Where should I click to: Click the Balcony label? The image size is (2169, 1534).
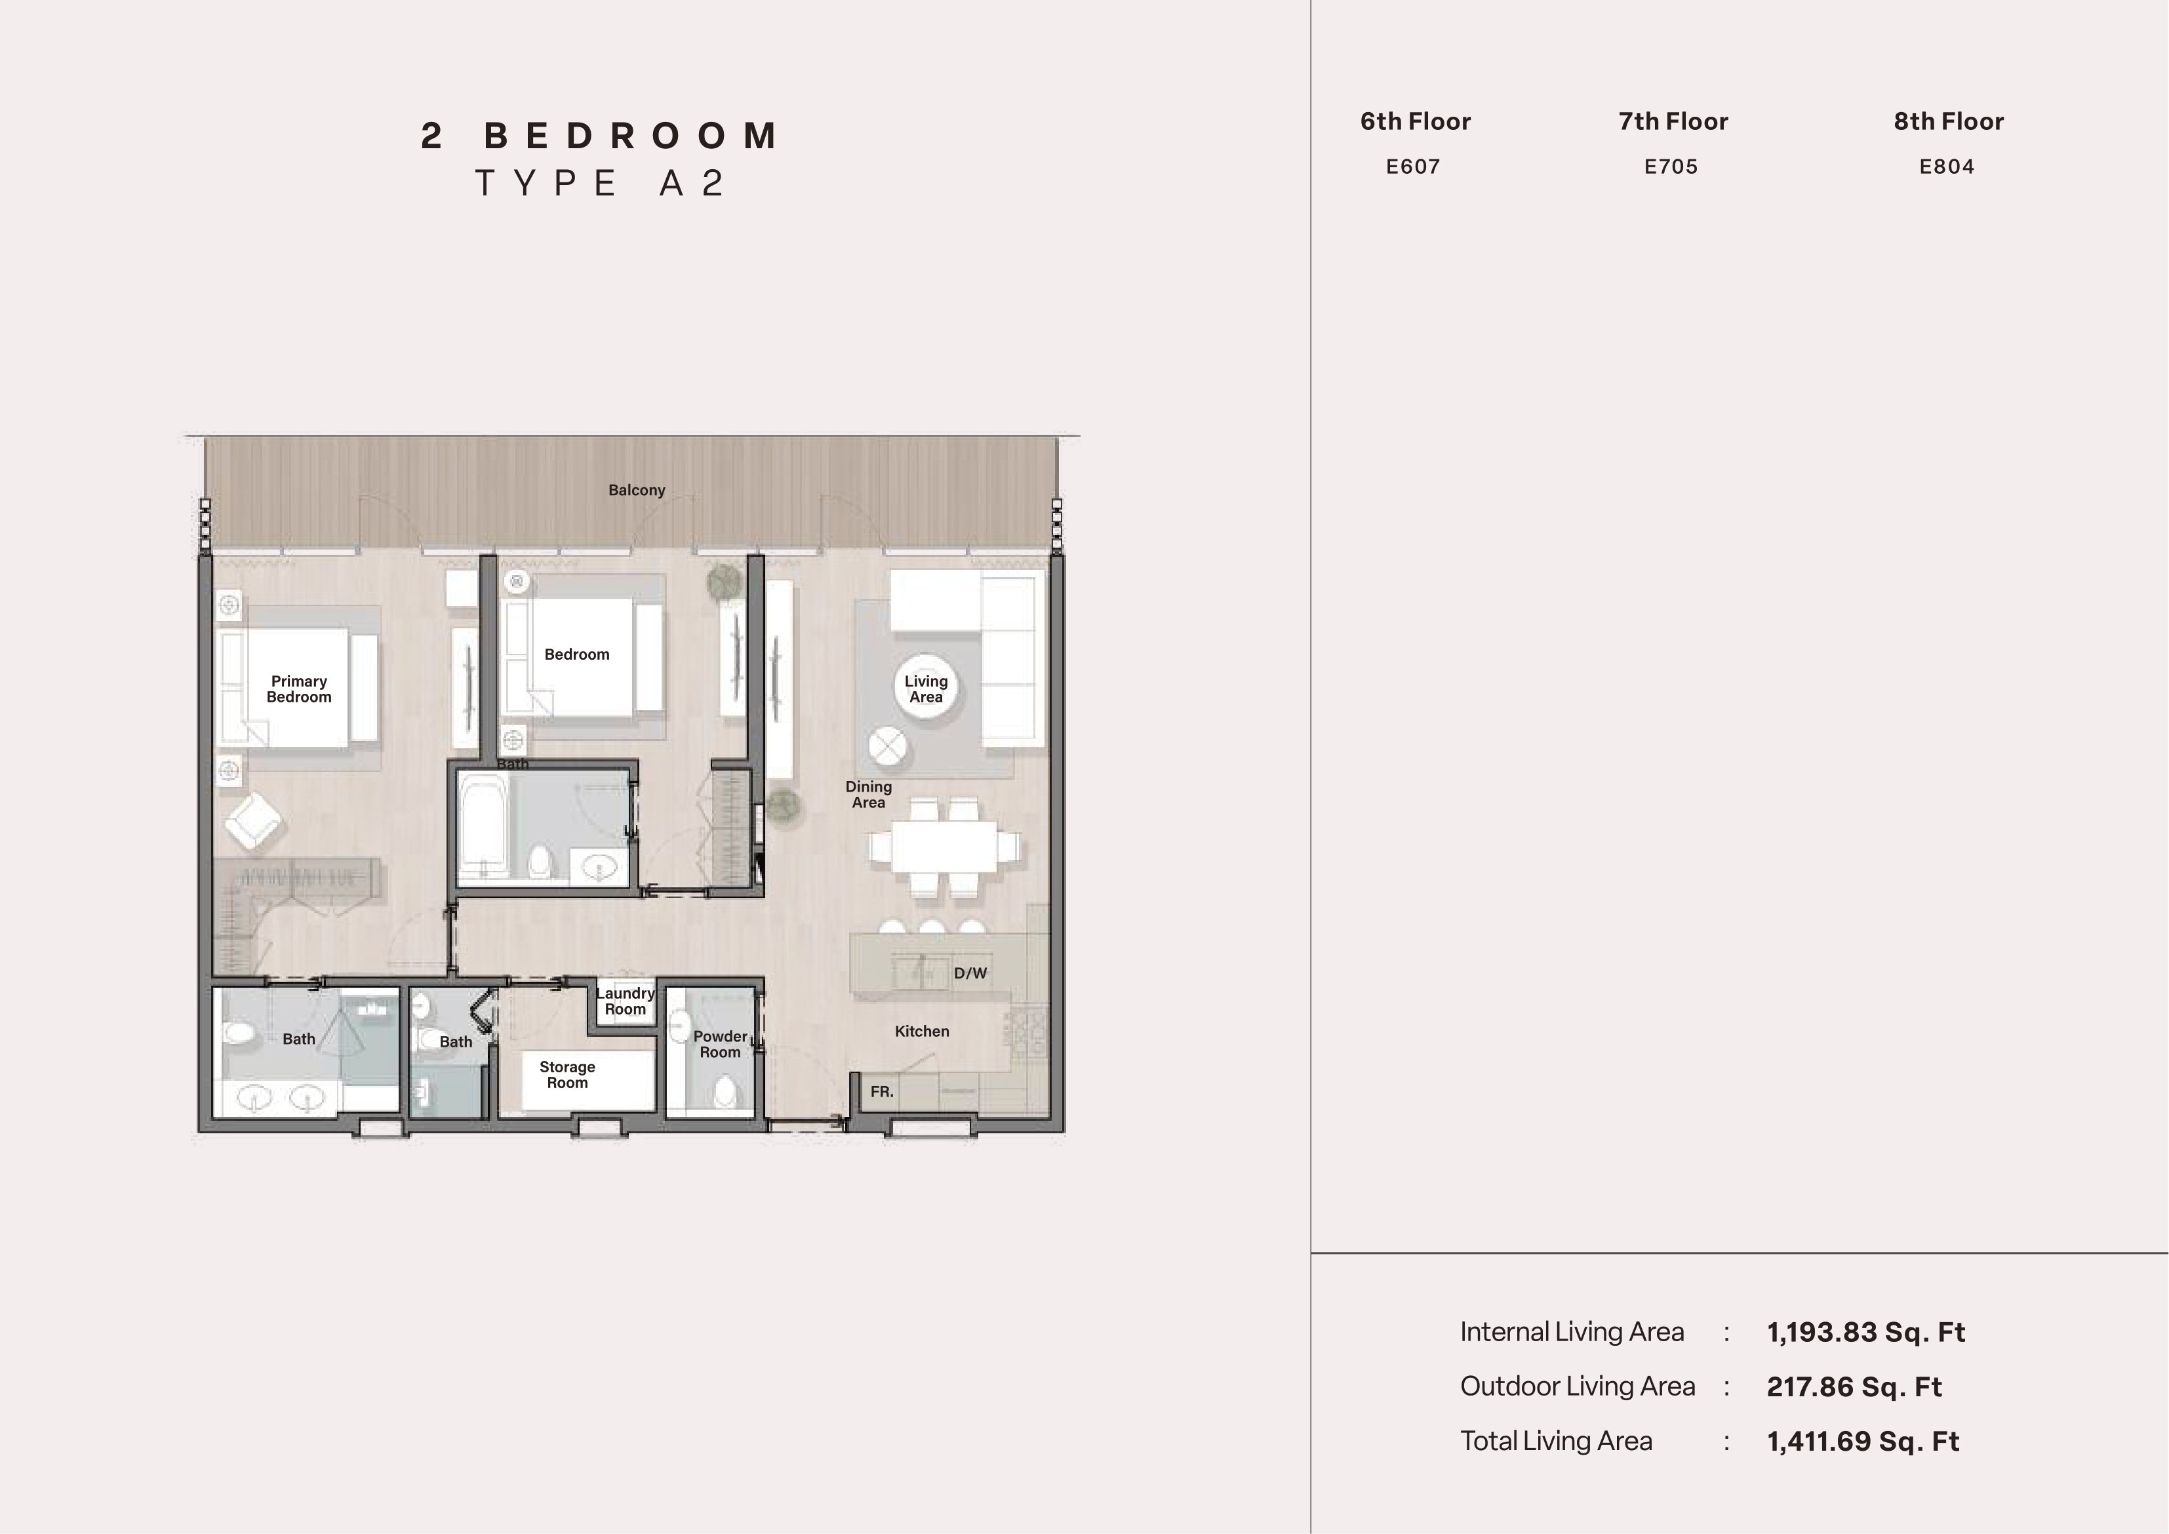tap(637, 490)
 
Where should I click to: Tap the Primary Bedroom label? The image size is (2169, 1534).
tap(298, 689)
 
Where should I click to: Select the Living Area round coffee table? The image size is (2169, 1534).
tap(925, 687)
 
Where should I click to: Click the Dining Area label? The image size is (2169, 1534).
tap(868, 794)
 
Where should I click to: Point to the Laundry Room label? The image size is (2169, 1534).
tap(626, 1001)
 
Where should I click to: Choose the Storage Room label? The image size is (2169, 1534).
tap(567, 1075)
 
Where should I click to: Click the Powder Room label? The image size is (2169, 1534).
tap(720, 1044)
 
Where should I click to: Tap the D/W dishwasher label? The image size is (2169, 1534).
tap(970, 973)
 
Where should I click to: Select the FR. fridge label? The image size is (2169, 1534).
tap(881, 1092)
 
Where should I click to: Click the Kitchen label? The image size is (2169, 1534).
tap(922, 1031)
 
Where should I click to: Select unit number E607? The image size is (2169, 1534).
tap(1413, 167)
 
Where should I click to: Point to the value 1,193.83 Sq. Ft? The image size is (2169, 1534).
tap(1866, 1332)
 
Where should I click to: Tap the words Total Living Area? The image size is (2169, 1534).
tap(1556, 1440)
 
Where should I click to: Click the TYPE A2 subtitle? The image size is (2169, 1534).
tap(601, 182)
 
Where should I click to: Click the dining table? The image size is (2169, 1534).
tap(944, 847)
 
